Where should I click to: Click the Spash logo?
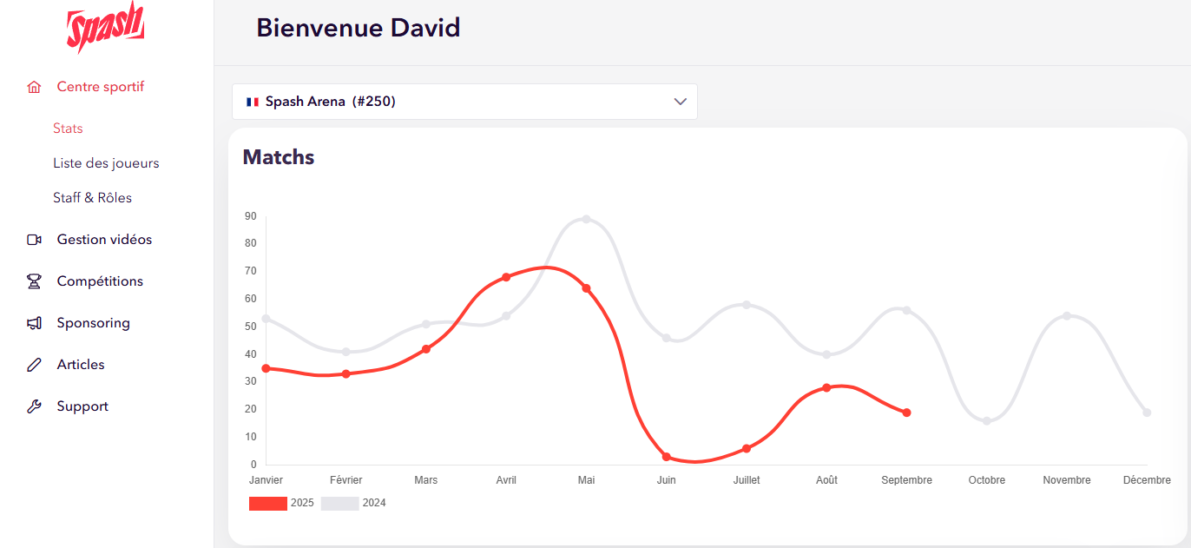[105, 29]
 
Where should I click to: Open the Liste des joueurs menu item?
[106, 163]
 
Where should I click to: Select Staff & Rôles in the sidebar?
[92, 198]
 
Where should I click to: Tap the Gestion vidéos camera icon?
[35, 240]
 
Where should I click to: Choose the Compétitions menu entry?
[100, 281]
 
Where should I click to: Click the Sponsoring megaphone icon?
[35, 323]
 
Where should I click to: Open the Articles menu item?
[81, 365]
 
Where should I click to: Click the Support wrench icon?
[35, 406]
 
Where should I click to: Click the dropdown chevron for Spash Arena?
[681, 102]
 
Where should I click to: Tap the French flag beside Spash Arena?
[253, 102]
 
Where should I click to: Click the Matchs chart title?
[278, 157]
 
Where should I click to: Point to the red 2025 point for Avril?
[506, 277]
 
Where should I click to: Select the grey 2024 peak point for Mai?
[586, 219]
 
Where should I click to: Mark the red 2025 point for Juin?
[667, 457]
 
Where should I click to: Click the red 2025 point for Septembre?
[906, 413]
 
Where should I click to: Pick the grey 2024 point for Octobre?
[987, 421]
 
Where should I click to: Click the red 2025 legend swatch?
[267, 504]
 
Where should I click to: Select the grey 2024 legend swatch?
[339, 504]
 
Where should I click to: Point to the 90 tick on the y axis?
[251, 216]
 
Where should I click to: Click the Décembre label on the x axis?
[1147, 480]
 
